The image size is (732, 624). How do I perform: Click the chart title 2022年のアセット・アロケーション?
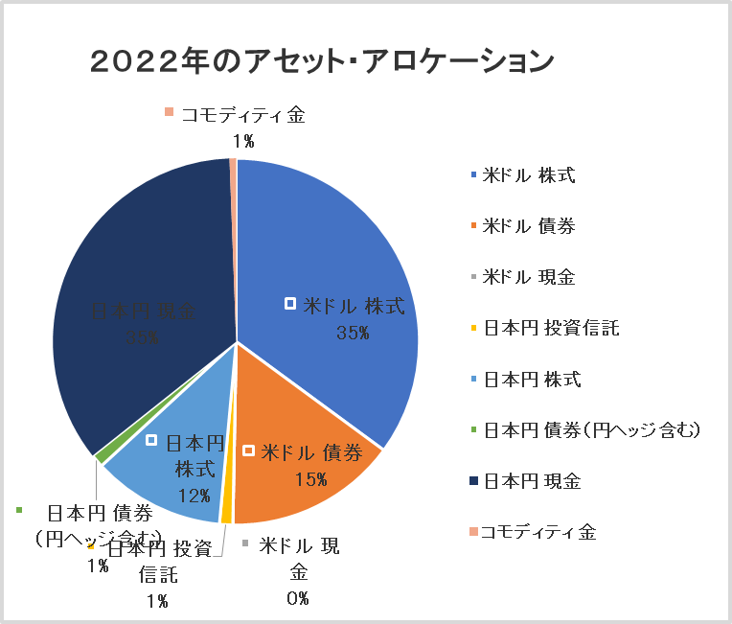[322, 62]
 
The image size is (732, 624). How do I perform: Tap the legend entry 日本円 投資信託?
[551, 329]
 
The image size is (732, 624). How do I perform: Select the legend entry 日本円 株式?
[532, 380]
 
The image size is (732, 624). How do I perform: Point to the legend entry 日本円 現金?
[532, 480]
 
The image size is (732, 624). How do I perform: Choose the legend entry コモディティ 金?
[538, 532]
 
